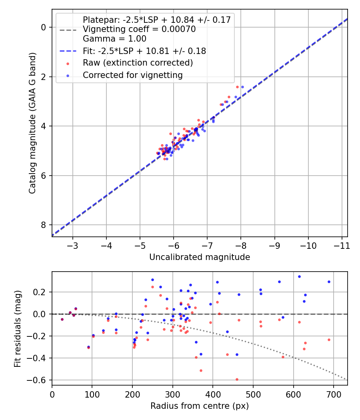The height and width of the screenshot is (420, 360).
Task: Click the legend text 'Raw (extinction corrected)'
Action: point(138,63)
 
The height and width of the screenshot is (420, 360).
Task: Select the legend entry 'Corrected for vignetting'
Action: point(132,75)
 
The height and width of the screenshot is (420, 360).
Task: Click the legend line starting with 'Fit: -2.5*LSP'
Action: point(144,51)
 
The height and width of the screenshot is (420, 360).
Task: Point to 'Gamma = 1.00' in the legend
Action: point(114,39)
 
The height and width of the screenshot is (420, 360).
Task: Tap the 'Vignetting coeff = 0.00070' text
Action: point(139,29)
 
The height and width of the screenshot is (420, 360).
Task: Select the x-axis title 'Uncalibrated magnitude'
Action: point(200,257)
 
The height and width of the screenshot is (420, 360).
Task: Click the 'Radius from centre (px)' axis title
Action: point(200,406)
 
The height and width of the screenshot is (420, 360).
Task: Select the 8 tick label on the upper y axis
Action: point(44,225)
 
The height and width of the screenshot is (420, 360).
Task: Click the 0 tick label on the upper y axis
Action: point(44,27)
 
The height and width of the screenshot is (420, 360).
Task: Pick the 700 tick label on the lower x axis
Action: point(334,394)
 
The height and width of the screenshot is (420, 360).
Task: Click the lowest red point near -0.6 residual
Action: point(237,379)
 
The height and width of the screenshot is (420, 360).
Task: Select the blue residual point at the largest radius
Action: point(329,282)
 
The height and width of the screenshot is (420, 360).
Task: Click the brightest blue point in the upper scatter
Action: point(242,87)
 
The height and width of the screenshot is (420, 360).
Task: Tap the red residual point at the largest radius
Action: point(329,340)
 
